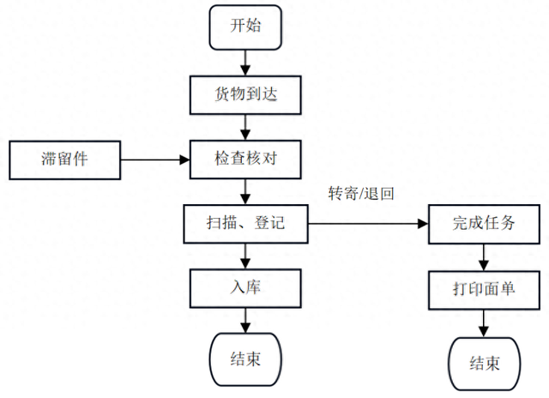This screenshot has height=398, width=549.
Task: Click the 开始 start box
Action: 246,27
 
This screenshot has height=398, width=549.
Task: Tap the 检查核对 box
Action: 246,160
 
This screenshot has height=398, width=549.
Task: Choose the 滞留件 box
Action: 63,160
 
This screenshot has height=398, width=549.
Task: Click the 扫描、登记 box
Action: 246,224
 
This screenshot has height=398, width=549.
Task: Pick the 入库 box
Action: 246,288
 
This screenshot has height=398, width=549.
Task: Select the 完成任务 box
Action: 485,224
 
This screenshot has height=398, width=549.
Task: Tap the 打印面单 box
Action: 485,289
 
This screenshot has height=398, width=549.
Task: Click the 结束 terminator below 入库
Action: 246,358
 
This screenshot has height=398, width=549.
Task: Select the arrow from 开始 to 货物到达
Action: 246,61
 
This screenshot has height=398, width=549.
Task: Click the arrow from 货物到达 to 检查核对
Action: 246,127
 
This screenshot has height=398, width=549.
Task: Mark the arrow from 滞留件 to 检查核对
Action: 154,160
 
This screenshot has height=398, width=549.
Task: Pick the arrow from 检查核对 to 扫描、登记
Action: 246,191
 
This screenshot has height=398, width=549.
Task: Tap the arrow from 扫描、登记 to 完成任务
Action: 368,224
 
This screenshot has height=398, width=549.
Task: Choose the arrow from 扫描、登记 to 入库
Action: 246,256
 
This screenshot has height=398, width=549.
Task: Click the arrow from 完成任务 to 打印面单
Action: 485,256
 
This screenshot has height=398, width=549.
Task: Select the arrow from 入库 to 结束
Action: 246,321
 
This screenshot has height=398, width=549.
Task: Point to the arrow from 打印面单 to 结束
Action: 485,323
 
